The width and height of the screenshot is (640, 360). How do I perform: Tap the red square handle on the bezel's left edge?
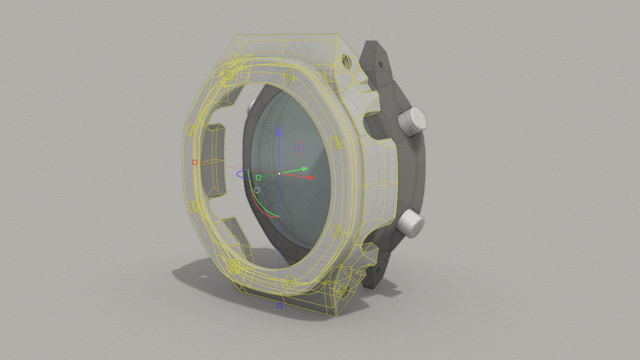point(194,162)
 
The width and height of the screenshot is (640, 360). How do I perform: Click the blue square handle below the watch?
point(279,305)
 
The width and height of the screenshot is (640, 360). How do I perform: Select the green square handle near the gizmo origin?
point(258,177)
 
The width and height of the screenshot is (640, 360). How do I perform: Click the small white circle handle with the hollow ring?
point(257,190)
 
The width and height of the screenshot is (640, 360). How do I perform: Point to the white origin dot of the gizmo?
point(279,173)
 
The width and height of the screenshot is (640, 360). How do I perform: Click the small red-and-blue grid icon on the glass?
point(299,148)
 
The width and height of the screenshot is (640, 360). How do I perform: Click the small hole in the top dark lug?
point(380,64)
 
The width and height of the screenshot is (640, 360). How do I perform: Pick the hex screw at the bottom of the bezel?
point(288,283)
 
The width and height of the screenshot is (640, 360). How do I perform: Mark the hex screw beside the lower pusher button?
point(336,232)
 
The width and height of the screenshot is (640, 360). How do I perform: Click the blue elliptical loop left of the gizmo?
point(242,175)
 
